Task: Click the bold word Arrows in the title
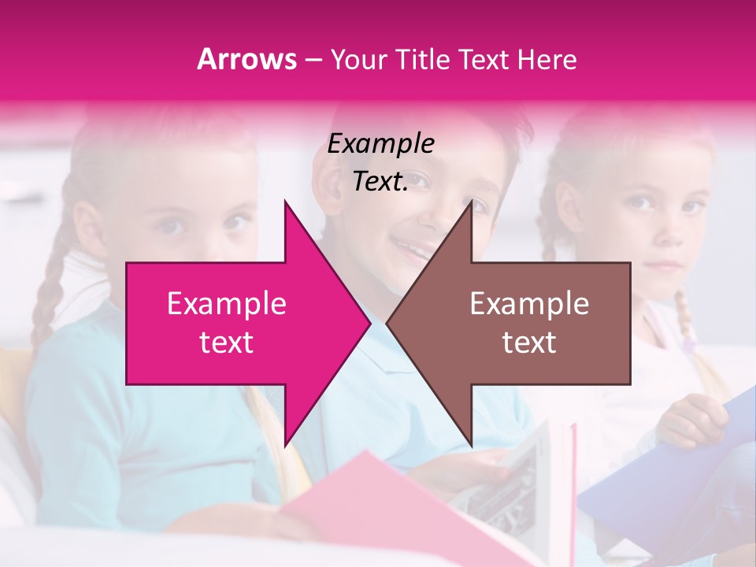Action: pyautogui.click(x=247, y=59)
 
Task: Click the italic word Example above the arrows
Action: pyautogui.click(x=380, y=143)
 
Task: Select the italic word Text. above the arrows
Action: pyautogui.click(x=380, y=182)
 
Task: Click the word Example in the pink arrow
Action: pyautogui.click(x=226, y=303)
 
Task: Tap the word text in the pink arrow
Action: pyautogui.click(x=226, y=343)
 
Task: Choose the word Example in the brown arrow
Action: pyautogui.click(x=529, y=303)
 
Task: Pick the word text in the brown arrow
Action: pyautogui.click(x=529, y=343)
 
